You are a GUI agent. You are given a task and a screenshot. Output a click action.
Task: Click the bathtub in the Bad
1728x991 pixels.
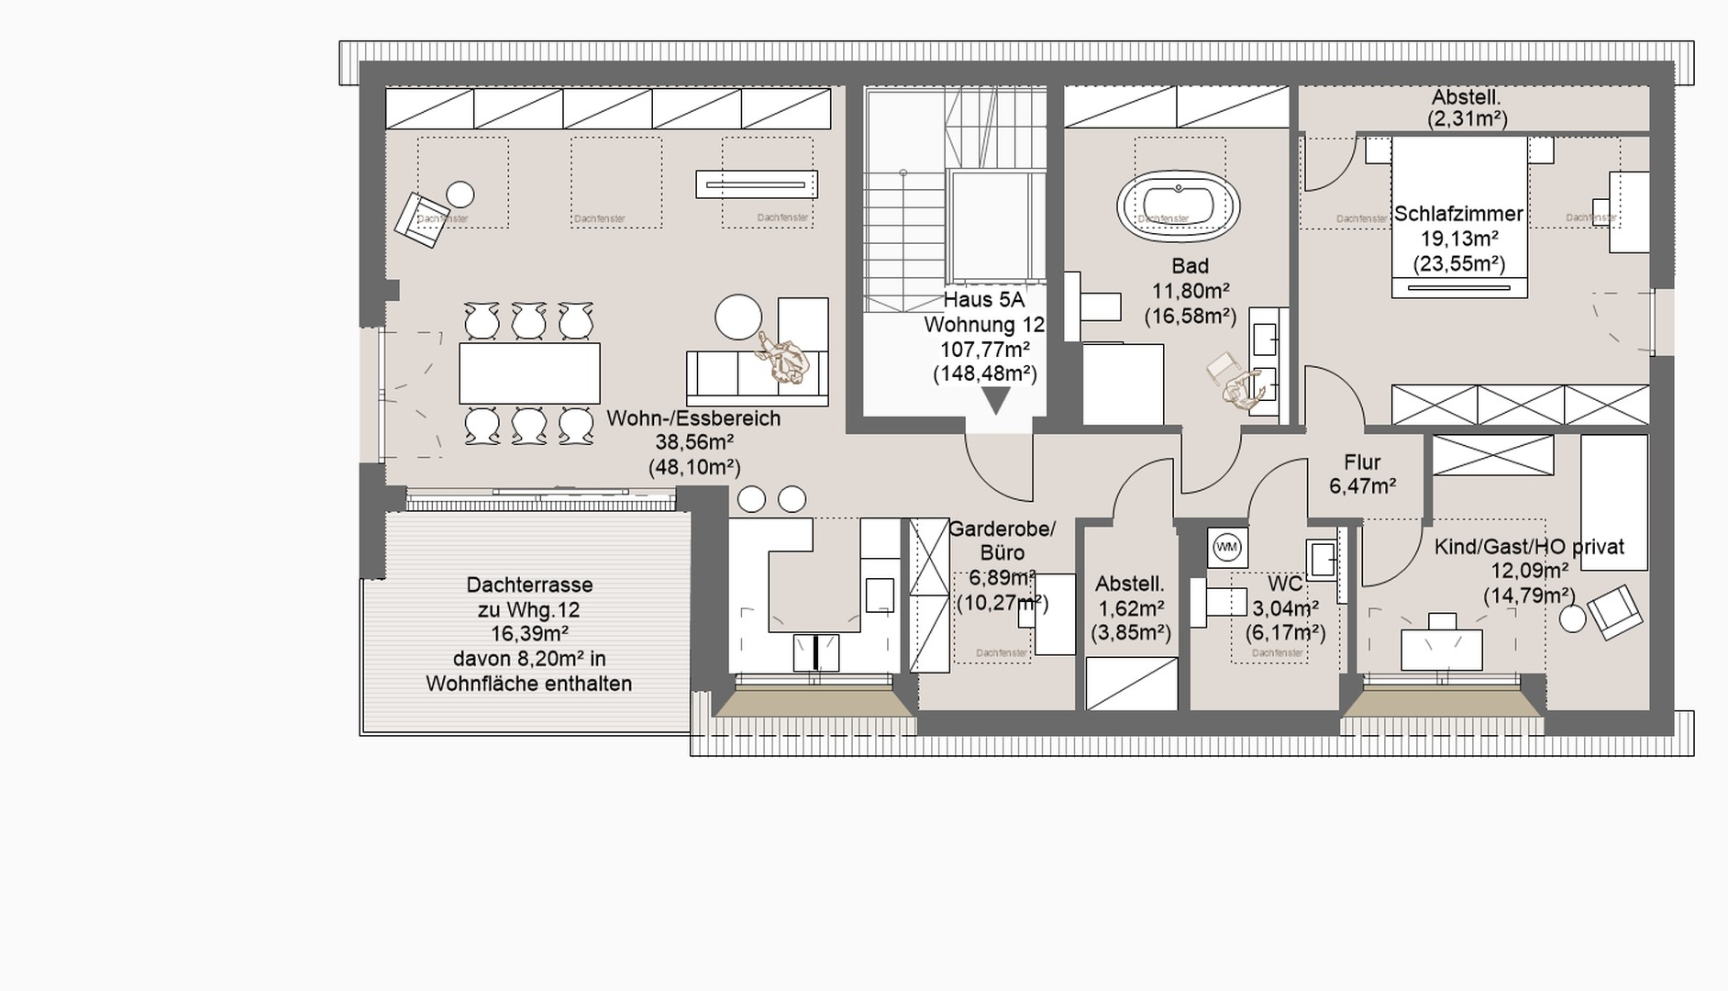coord(1178,206)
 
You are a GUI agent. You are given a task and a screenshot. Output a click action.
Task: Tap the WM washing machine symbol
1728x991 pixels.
coord(1226,548)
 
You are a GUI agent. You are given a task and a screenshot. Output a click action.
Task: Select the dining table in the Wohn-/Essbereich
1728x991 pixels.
coord(529,373)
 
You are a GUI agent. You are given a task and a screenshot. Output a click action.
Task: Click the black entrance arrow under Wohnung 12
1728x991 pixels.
coord(995,400)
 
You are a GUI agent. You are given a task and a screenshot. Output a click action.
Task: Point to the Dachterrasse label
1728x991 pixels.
coord(529,585)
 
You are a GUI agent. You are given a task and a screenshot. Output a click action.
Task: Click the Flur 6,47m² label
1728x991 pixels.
coord(1362,474)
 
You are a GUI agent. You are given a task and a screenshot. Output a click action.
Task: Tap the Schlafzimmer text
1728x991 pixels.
coord(1458,214)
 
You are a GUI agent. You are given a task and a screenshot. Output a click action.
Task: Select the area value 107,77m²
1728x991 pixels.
coord(984,350)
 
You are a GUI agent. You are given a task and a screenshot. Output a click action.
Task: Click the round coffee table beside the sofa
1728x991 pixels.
coord(738,317)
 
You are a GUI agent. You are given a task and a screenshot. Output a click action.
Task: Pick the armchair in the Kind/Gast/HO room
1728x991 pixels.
coord(1614,611)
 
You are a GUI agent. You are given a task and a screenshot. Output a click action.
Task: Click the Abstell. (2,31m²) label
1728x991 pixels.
coord(1467,107)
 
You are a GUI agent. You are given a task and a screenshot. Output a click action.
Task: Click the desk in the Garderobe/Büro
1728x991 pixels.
coord(1055,614)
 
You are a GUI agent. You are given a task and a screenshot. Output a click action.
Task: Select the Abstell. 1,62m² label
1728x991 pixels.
coord(1130,596)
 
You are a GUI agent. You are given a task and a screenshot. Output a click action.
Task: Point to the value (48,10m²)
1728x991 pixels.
coord(694,467)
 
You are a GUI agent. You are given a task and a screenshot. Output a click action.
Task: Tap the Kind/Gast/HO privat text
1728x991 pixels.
coord(1528,548)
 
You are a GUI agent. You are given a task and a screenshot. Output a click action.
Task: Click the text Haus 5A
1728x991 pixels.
coord(983,300)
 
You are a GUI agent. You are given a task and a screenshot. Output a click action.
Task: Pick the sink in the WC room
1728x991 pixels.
coord(1322,560)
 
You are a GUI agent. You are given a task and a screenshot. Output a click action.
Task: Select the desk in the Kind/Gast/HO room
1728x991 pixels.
coord(1441,648)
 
